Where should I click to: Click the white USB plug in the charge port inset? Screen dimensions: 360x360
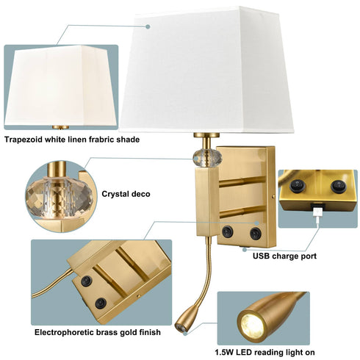[x=316, y=215]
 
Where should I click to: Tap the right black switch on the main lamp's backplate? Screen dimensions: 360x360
[x=255, y=233]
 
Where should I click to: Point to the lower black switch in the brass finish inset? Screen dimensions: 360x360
[x=101, y=302]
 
